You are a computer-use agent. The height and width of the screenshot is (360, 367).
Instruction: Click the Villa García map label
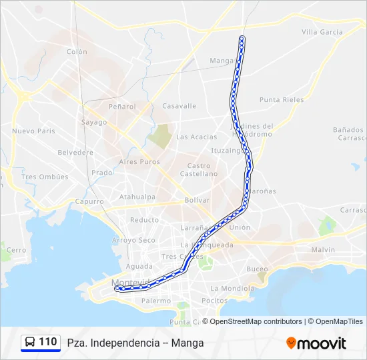tap(322, 32)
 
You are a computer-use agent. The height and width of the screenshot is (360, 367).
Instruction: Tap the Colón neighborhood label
tap(77, 52)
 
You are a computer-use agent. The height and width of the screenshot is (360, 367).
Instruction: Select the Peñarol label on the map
tap(122, 106)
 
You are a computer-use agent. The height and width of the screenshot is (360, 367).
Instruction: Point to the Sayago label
tap(94, 122)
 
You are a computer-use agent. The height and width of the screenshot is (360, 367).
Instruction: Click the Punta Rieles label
tap(282, 100)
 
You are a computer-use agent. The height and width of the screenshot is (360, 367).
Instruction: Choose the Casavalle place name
tap(179, 106)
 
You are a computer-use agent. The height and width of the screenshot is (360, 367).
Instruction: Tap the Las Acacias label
tap(197, 137)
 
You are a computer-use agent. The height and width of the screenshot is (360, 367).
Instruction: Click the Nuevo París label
tap(33, 131)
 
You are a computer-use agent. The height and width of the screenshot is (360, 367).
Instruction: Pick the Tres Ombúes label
tap(45, 177)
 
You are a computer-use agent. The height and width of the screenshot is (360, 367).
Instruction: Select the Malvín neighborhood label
tap(322, 250)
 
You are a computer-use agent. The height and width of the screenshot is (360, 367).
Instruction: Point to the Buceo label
tap(257, 269)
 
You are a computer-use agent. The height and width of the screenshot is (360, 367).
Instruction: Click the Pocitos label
tap(214, 301)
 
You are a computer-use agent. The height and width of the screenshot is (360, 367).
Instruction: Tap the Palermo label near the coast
tap(156, 301)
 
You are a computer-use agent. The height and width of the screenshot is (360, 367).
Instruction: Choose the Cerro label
tap(16, 250)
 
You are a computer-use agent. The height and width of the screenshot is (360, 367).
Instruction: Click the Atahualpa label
tap(137, 197)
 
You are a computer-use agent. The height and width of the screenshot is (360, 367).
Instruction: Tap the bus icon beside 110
tap(30, 342)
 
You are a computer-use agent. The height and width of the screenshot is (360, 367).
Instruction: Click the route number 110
tap(48, 342)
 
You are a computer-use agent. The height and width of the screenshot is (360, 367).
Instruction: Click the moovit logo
tap(316, 343)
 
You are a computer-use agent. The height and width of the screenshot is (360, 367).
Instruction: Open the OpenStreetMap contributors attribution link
tap(256, 321)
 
